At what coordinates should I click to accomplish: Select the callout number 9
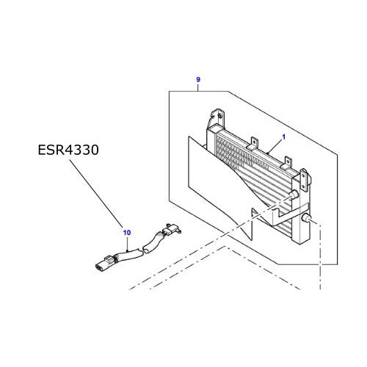(198, 79)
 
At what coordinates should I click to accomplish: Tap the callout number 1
(283, 137)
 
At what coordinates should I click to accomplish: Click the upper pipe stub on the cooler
(295, 195)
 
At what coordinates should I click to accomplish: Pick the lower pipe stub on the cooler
(307, 219)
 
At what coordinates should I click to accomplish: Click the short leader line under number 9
(198, 87)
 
